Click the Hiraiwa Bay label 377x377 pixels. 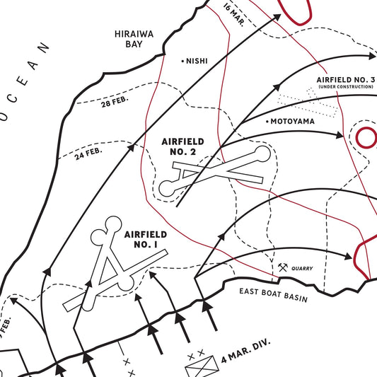(130, 38)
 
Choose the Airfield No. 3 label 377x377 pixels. (346, 79)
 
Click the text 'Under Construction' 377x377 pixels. (346, 86)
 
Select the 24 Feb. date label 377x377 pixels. (89, 151)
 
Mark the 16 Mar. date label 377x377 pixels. (232, 11)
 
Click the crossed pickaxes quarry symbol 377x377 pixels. (283, 268)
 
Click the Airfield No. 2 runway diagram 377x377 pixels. (216, 170)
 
